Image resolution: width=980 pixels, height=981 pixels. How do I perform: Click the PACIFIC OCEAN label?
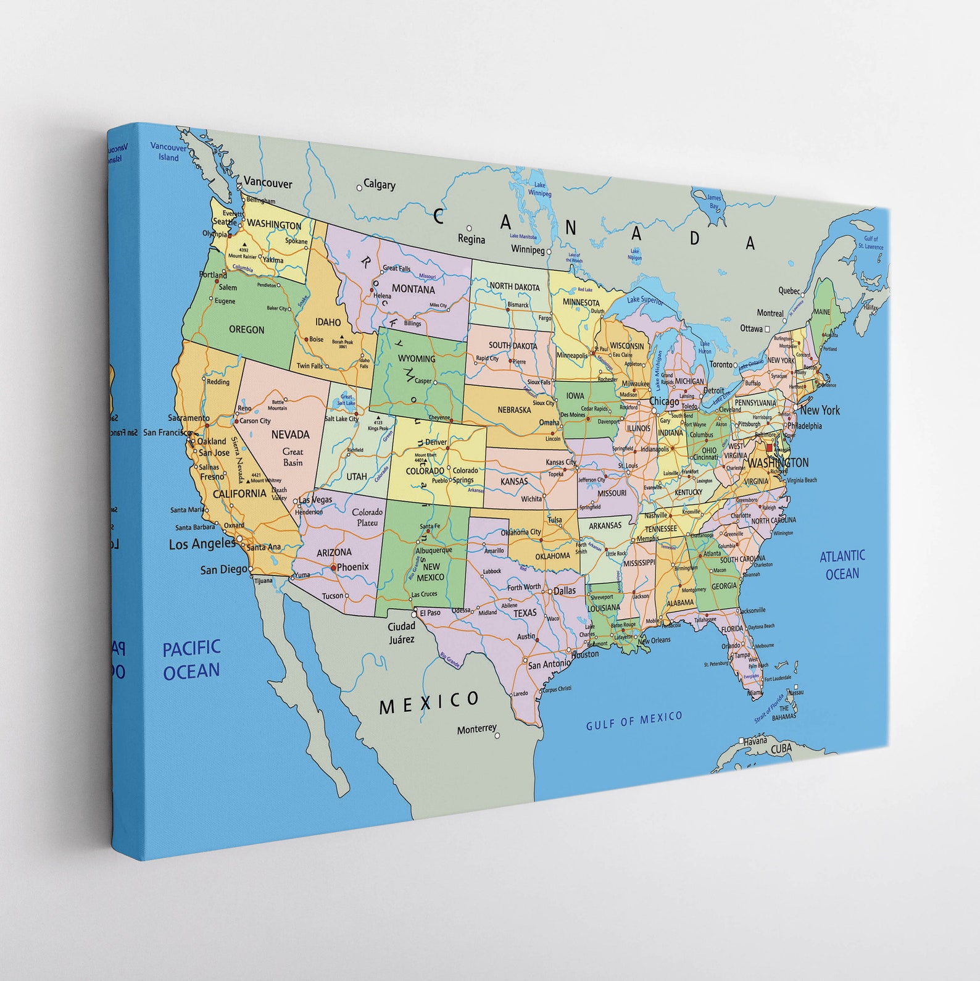point(191,659)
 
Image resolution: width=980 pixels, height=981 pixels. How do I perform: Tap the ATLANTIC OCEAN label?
point(842,565)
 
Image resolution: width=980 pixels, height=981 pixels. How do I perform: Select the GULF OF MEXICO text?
point(634,720)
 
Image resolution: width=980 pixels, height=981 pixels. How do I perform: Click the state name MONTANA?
point(413,289)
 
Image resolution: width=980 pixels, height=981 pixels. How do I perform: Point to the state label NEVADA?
point(290,435)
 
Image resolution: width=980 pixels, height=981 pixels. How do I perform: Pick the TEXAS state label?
point(525,612)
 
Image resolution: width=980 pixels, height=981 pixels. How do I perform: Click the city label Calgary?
point(379,184)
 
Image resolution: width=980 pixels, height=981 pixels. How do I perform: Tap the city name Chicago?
point(664,401)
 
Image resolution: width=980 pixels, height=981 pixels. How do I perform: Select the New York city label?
point(820,410)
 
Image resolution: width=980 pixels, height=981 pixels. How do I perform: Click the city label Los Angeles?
point(202,544)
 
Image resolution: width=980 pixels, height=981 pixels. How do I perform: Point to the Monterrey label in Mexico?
point(476,729)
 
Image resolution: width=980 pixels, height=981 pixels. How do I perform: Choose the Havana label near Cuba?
point(755,740)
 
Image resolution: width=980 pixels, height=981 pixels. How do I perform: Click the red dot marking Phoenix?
point(333,567)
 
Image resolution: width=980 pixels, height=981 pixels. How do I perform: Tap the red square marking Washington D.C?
point(769,448)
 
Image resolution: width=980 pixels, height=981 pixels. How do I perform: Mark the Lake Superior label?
point(645,300)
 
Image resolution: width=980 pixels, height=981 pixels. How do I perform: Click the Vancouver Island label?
point(168,152)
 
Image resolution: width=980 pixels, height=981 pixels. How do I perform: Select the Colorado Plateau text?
point(367,517)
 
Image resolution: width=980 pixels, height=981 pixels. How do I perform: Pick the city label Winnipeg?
point(528,249)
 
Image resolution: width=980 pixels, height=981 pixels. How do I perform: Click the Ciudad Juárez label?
point(401,632)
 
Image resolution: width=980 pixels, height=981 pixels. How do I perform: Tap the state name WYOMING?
point(416,358)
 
